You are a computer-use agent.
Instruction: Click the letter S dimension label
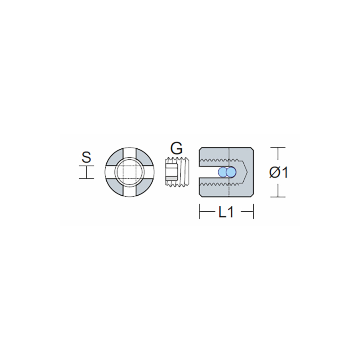pyautogui.click(x=86, y=157)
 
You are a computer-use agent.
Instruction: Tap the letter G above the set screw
pyautogui.click(x=176, y=148)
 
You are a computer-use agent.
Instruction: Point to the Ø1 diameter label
pyautogui.click(x=278, y=173)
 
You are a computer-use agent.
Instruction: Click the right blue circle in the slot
pyautogui.click(x=231, y=172)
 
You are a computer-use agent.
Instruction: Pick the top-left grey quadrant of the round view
pyautogui.click(x=114, y=156)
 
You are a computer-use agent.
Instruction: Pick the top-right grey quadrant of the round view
pyautogui.click(x=145, y=156)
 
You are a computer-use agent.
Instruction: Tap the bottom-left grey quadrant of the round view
pyautogui.click(x=114, y=187)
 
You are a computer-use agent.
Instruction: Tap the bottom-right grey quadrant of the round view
pyautogui.click(x=145, y=187)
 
